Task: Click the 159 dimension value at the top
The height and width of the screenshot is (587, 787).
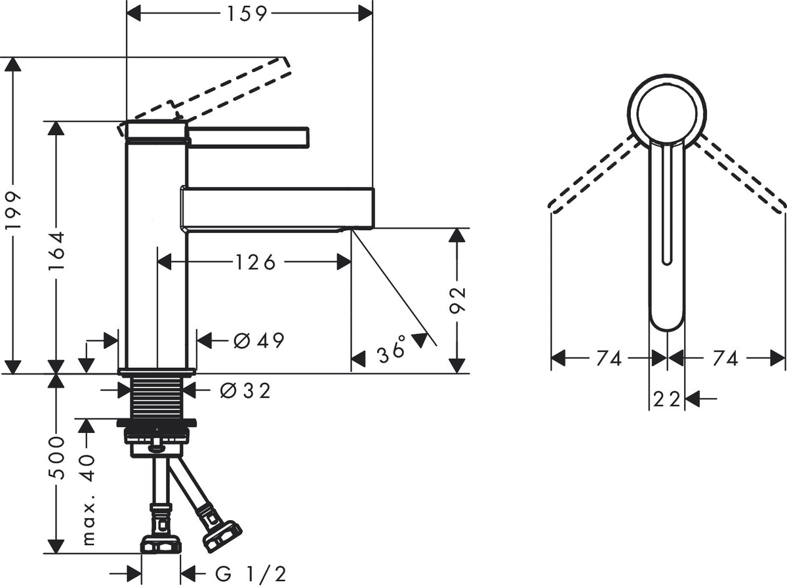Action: (247, 14)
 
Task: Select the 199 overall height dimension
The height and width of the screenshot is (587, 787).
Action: (12, 211)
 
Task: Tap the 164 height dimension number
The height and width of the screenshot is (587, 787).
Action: (56, 251)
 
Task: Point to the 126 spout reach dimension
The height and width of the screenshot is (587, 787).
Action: (256, 262)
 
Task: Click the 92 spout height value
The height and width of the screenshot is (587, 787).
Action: (457, 300)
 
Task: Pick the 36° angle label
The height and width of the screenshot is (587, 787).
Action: (391, 349)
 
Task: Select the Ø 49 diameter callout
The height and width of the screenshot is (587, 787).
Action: (259, 340)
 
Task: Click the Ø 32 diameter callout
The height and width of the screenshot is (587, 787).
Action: (245, 390)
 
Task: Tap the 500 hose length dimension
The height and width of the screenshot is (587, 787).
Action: (56, 458)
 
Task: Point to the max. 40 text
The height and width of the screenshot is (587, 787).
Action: (87, 500)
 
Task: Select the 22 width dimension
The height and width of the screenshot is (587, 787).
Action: (666, 399)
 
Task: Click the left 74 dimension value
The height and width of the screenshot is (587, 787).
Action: (609, 358)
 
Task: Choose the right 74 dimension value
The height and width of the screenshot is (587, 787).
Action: (725, 358)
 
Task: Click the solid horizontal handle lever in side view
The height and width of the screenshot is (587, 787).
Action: (248, 137)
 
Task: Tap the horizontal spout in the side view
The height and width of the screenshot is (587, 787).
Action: (277, 209)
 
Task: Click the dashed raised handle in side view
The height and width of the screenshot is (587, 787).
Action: (205, 96)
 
